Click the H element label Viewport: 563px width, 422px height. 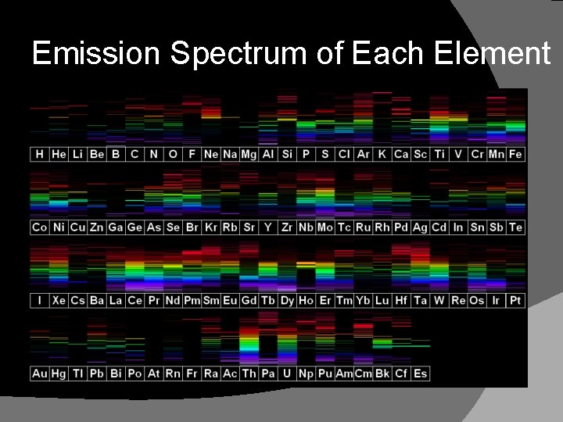40,154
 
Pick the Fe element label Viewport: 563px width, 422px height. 515,154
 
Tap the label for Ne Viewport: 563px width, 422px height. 211,154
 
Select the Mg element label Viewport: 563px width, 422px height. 249,154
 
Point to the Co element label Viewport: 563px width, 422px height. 40,227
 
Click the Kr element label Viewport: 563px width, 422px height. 211,227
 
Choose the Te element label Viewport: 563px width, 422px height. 515,227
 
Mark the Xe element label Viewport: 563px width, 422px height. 59,300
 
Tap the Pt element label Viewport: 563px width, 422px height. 515,300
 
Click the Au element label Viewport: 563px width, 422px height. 40,374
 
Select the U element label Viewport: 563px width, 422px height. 287,374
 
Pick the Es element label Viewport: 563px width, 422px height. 420,374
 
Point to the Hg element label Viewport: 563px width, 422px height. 59,374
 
